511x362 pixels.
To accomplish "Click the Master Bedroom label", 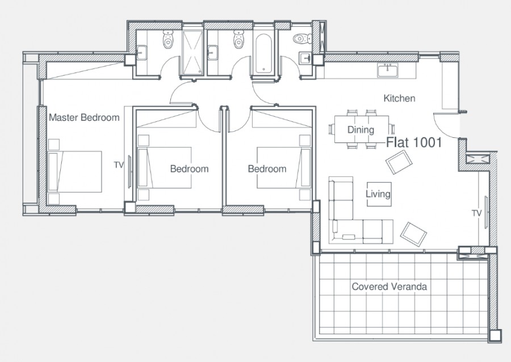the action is click(84, 117).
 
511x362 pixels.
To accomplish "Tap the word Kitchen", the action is click(399, 98).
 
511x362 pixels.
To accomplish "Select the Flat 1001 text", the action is click(414, 142).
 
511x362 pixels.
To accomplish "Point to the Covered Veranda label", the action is click(389, 287).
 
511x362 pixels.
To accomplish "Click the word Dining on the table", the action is click(361, 129).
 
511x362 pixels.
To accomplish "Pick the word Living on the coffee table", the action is click(378, 194).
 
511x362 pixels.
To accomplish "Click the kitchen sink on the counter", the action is click(388, 70).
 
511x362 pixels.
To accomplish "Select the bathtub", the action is click(263, 54).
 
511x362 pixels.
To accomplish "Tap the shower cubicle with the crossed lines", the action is click(192, 52).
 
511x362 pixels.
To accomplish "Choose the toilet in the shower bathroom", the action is click(167, 39).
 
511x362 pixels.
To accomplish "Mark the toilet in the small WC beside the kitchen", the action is click(302, 39).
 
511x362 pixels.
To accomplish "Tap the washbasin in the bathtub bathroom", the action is click(213, 53).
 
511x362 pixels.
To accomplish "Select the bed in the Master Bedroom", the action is click(75, 171).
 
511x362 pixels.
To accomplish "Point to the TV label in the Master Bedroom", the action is click(119, 165).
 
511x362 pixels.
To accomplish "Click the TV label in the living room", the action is click(477, 213).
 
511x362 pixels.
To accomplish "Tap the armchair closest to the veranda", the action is click(413, 234).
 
